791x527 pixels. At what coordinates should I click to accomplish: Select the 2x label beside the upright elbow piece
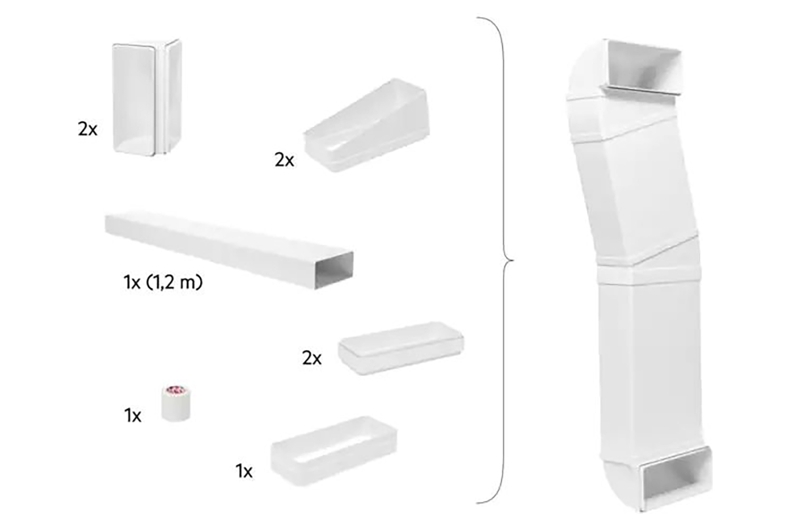point(88,129)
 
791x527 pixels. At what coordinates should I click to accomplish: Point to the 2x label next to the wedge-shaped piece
point(284,160)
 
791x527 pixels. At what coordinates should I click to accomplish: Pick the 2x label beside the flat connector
point(312,358)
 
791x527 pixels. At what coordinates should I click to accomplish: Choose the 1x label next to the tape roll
point(133,416)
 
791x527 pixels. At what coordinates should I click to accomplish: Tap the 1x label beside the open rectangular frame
point(244,471)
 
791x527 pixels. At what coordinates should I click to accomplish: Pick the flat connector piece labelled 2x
point(401,348)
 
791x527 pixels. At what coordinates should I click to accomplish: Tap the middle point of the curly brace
point(509,260)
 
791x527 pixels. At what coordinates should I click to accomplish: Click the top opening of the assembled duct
point(644,66)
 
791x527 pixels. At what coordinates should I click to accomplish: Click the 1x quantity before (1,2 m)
point(132,282)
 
